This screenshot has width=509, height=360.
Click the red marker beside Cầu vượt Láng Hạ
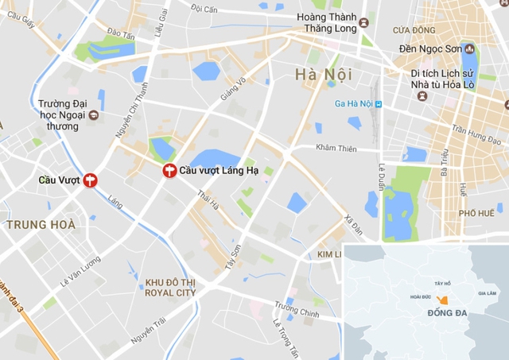(x=169, y=170)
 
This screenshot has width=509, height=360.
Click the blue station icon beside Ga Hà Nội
(x=379, y=104)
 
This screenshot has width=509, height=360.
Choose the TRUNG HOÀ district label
(x=41, y=225)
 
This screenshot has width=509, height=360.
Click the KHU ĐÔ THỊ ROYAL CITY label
(x=169, y=287)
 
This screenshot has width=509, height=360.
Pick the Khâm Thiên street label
(x=337, y=148)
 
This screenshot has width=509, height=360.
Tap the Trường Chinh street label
(x=297, y=308)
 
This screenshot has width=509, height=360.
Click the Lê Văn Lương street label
(x=80, y=272)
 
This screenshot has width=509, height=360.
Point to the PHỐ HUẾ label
(x=476, y=213)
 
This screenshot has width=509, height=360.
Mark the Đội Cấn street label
(x=204, y=8)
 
